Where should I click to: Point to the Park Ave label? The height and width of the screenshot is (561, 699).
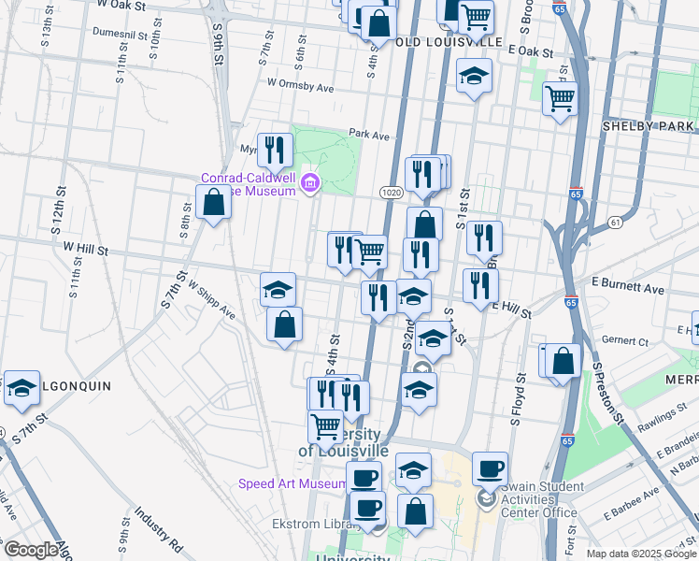coord(368,135)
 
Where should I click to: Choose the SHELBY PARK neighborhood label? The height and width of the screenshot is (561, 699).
coord(649,126)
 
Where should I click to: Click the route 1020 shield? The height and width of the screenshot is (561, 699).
coord(391,192)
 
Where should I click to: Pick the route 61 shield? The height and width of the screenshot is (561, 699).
coord(614,222)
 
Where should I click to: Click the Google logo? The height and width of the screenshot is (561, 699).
coord(31,550)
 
